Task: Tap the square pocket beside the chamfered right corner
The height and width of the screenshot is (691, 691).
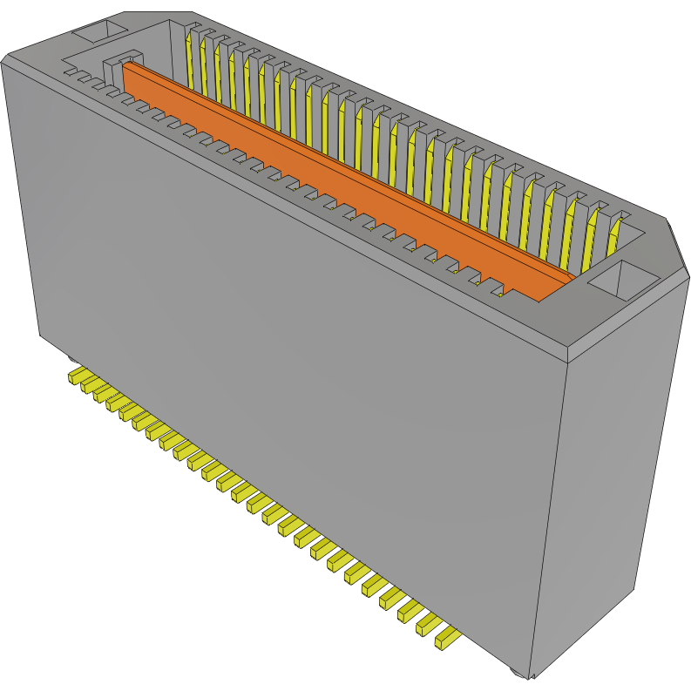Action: pos(624,281)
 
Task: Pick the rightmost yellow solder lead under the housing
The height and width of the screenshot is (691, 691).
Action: pos(446,640)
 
